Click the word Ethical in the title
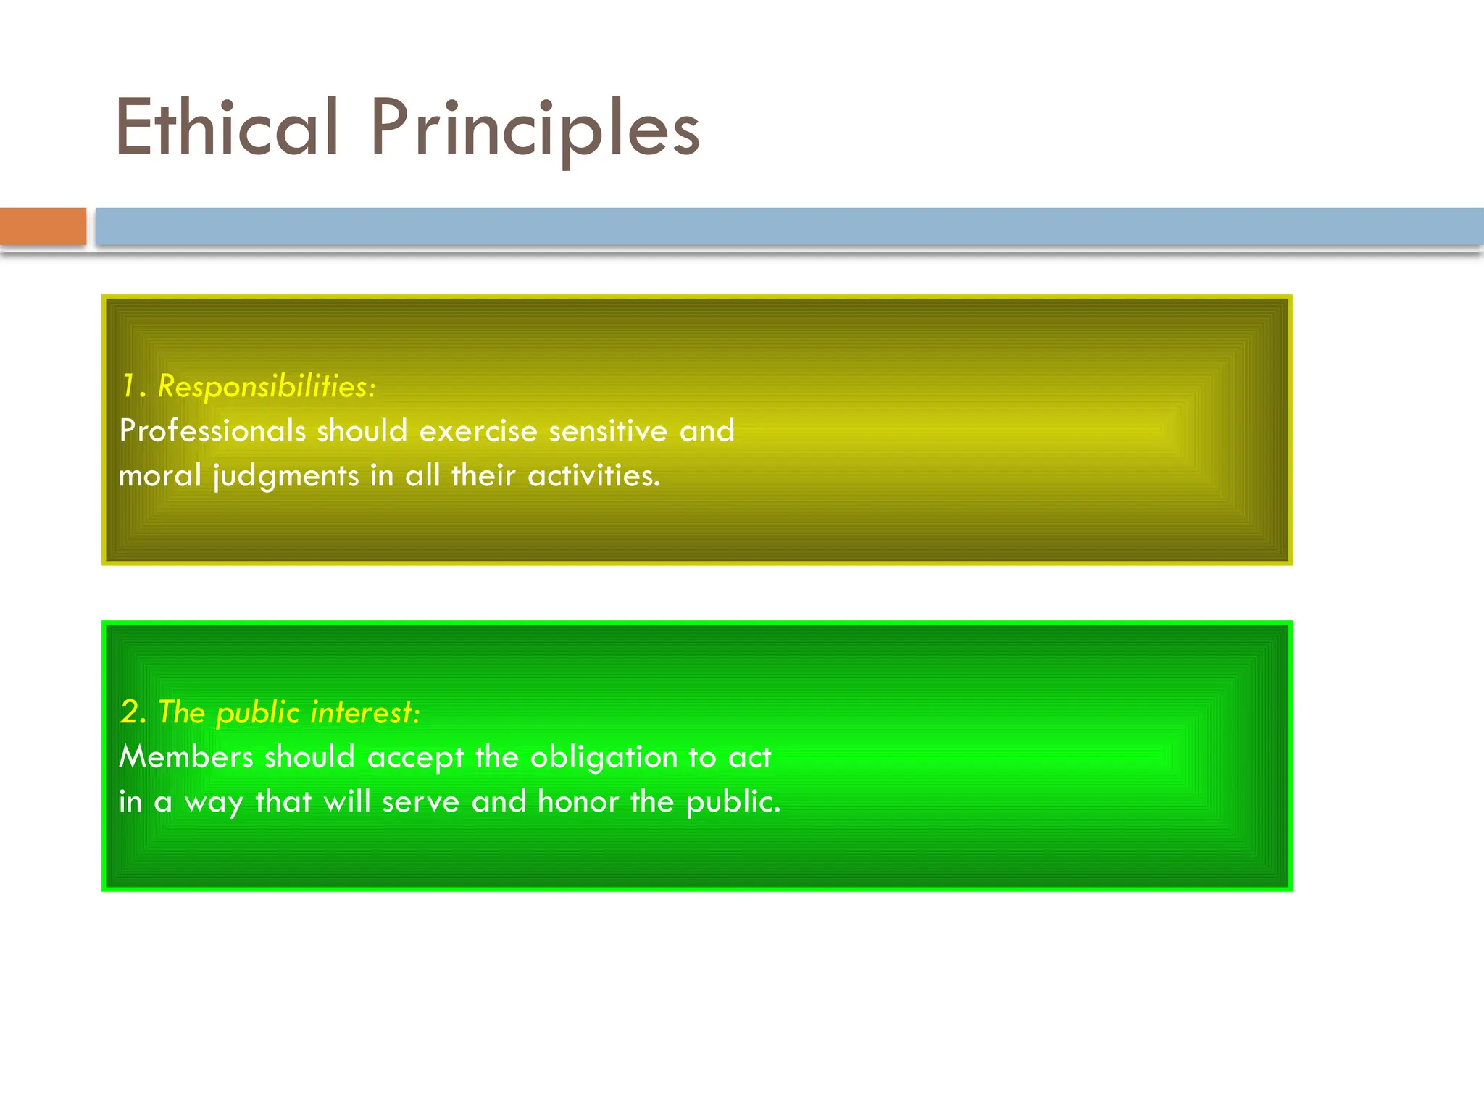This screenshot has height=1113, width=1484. click(227, 128)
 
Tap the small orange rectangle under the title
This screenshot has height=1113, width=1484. click(43, 226)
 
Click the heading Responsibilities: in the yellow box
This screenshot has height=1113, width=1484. click(267, 386)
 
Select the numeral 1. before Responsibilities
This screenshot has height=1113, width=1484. click(133, 386)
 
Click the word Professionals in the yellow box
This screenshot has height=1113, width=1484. click(212, 431)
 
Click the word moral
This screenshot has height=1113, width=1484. click(159, 476)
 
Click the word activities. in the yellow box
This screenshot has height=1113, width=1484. click(594, 476)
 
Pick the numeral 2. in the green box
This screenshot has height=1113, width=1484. click(133, 712)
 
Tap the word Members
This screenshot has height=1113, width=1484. click(186, 757)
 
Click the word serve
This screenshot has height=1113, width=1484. click(420, 802)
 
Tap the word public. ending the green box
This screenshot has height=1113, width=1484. click(733, 802)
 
